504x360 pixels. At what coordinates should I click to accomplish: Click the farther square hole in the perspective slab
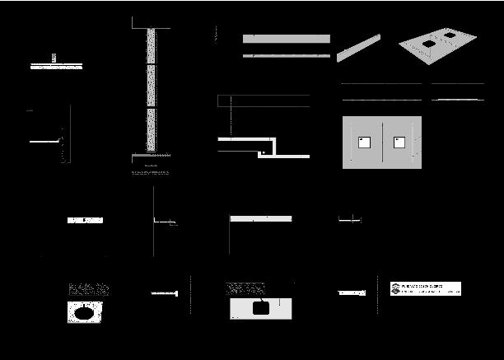(x=449, y=35)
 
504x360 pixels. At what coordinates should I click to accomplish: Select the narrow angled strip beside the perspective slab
(x=358, y=48)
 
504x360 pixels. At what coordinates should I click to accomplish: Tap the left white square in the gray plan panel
(x=364, y=143)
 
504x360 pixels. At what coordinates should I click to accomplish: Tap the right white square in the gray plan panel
(x=400, y=143)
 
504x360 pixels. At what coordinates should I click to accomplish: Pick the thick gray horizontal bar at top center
(x=287, y=39)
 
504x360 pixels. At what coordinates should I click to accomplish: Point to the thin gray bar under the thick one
(x=287, y=55)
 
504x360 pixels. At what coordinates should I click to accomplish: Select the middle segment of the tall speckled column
(x=151, y=86)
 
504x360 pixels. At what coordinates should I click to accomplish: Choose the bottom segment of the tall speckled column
(x=151, y=129)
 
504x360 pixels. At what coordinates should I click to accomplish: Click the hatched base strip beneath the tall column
(x=151, y=154)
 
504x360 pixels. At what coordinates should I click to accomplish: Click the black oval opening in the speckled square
(x=84, y=313)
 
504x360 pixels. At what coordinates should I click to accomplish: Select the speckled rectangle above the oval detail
(x=89, y=289)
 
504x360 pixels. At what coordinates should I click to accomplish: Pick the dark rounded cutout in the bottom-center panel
(x=261, y=308)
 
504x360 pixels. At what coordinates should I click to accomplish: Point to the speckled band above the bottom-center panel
(x=245, y=288)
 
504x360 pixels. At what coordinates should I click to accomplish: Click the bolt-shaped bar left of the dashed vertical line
(x=165, y=293)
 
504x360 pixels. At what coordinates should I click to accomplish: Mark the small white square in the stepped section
(x=262, y=152)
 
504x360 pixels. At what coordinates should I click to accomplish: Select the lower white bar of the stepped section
(x=284, y=156)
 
